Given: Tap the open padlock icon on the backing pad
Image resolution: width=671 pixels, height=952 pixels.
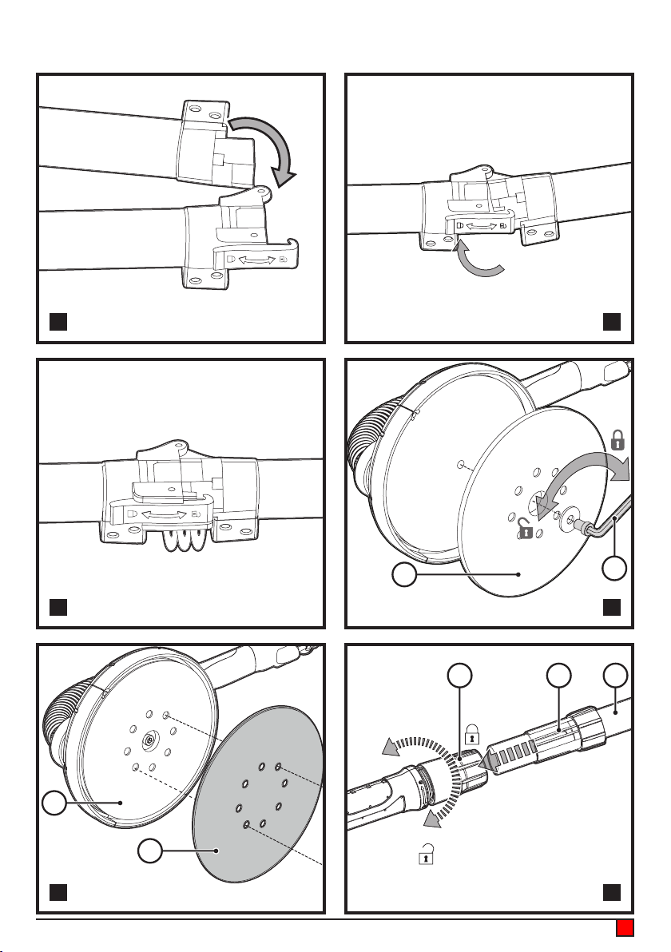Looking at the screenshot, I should (526, 528).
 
